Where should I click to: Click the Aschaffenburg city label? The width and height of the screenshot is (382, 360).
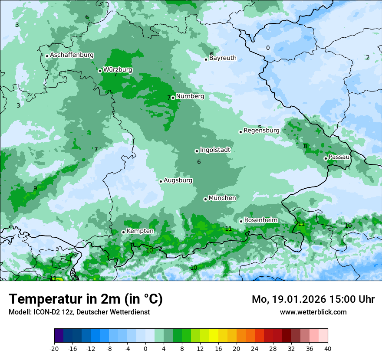pyautogui.click(x=72, y=55)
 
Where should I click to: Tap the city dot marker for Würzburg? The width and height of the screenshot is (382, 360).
pyautogui.click(x=100, y=71)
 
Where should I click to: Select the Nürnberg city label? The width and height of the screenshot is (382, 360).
pyautogui.click(x=190, y=96)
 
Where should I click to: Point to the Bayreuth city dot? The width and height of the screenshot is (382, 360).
pyautogui.click(x=206, y=59)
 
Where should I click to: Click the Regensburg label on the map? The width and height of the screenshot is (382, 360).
pyautogui.click(x=261, y=131)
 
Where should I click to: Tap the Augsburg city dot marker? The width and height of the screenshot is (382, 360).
pyautogui.click(x=161, y=181)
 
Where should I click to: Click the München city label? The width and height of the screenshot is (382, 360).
pyautogui.click(x=222, y=198)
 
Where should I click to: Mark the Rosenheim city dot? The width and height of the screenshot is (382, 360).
pyautogui.click(x=241, y=221)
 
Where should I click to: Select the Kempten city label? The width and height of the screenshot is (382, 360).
pyautogui.click(x=140, y=231)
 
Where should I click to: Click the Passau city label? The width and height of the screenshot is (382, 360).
pyautogui.click(x=339, y=157)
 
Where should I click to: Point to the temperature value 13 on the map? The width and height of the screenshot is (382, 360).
pyautogui.click(x=53, y=278)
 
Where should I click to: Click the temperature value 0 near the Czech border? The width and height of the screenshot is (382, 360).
pyautogui.click(x=268, y=48)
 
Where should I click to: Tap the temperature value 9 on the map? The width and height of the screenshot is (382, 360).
pyautogui.click(x=35, y=188)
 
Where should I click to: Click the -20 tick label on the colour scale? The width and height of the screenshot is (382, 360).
pyautogui.click(x=54, y=348)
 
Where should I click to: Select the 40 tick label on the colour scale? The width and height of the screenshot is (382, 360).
pyautogui.click(x=327, y=348)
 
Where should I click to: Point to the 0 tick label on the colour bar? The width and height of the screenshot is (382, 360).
pyautogui.click(x=145, y=348)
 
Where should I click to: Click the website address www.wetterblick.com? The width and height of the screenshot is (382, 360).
pyautogui.click(x=313, y=312)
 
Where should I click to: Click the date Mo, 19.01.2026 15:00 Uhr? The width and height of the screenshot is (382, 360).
pyautogui.click(x=313, y=299)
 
